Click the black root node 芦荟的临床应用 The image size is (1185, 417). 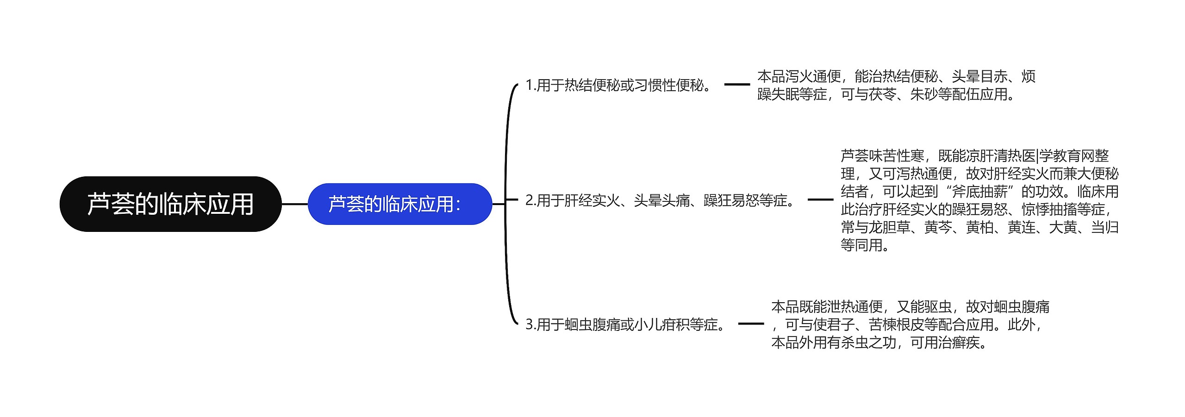point(170,204)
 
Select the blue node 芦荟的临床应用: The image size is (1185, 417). point(399,204)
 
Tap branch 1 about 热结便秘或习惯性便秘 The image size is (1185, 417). point(619,85)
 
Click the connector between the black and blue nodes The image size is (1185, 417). point(294,204)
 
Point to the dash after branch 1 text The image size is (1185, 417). point(736,85)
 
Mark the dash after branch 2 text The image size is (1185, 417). point(820,200)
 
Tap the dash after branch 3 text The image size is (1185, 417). point(750,324)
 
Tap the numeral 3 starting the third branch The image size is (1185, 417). point(530,324)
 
